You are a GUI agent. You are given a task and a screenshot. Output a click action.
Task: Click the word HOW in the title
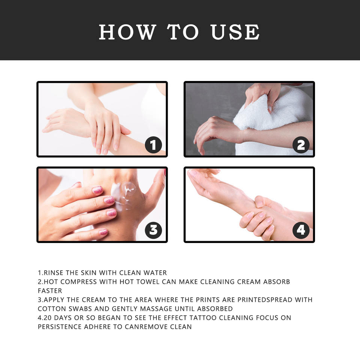[x=127, y=32]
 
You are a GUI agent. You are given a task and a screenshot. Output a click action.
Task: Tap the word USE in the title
[x=235, y=32]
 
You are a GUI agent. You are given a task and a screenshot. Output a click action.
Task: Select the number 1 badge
[x=153, y=145]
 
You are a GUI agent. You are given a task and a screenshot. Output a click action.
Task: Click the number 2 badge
[x=301, y=145]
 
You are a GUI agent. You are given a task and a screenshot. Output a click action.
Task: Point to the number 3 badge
[x=153, y=230]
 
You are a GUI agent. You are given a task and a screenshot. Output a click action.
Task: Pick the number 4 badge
[x=301, y=230]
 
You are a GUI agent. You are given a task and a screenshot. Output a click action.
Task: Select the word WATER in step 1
[x=155, y=273]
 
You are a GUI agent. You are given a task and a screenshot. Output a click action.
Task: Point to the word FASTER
[x=50, y=291]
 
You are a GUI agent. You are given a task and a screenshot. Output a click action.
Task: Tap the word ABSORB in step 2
[x=276, y=282]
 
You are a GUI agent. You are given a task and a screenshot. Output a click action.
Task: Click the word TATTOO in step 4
[x=203, y=318]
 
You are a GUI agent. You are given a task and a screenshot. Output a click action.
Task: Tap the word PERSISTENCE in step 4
[x=60, y=327]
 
